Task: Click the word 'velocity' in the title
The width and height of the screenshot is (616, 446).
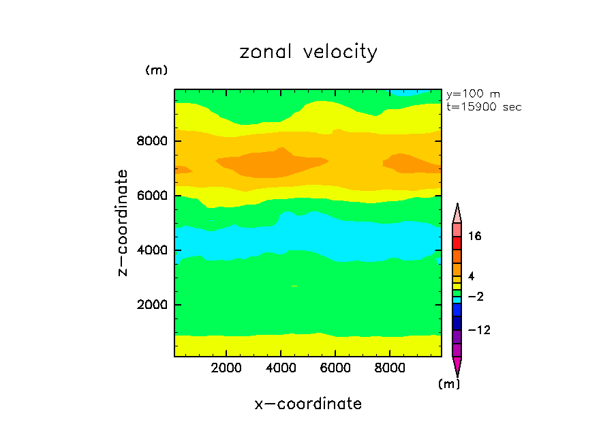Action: (338, 53)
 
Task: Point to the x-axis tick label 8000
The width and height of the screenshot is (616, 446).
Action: (390, 368)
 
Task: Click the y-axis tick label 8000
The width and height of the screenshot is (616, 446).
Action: (153, 142)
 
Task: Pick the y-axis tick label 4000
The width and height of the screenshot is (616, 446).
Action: (153, 250)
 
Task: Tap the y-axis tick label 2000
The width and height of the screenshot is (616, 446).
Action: (153, 305)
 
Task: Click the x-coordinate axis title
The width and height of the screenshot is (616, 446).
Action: (308, 404)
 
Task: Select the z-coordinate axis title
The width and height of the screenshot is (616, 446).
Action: (123, 223)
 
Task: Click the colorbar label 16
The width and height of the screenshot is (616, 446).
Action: (474, 237)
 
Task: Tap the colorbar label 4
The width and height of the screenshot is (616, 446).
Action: (470, 276)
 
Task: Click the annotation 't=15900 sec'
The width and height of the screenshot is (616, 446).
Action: (483, 107)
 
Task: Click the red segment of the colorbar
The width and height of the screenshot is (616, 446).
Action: (457, 243)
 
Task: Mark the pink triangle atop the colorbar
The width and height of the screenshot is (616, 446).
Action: (457, 213)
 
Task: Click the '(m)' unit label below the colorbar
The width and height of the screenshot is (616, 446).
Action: (448, 384)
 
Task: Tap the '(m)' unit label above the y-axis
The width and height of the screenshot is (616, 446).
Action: (156, 70)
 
